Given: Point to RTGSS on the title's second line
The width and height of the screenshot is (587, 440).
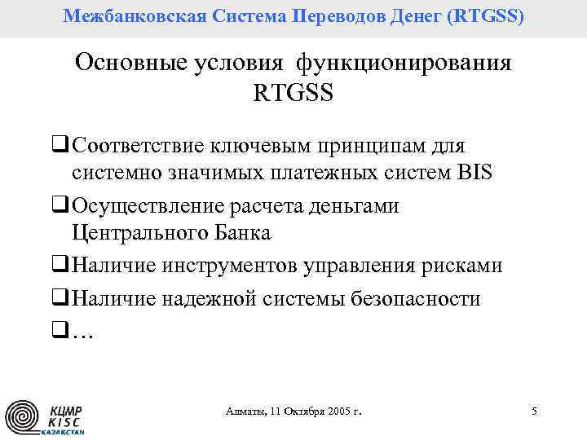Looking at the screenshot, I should (293, 93).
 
